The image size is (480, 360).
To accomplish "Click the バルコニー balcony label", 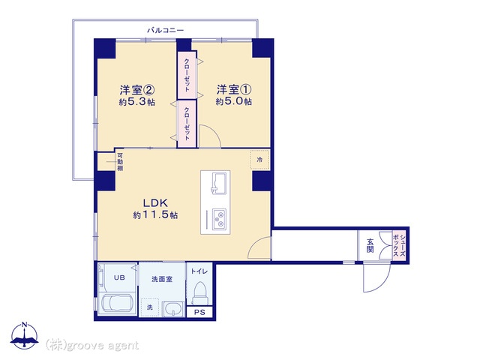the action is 165,30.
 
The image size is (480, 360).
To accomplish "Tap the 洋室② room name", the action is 136,90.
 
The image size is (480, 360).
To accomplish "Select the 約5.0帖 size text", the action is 234,101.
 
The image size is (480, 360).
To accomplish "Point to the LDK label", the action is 155,203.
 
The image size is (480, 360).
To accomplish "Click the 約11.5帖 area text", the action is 155,215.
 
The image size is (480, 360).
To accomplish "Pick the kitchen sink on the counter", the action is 218,182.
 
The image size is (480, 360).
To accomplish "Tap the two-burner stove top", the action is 219,220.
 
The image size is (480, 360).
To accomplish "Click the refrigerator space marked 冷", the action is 259,160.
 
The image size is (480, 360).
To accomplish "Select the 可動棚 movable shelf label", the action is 120,162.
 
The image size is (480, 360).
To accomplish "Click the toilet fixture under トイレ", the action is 200,293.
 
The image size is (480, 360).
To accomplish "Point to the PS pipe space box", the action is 199,313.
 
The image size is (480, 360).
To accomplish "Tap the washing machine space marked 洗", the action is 150,307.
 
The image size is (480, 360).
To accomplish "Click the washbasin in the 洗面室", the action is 173,309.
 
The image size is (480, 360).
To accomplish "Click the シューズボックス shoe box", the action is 399,246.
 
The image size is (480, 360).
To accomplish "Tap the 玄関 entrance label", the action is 370,245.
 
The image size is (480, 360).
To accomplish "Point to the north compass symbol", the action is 25,336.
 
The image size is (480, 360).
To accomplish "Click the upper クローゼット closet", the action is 187,75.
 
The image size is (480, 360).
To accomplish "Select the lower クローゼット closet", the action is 187,123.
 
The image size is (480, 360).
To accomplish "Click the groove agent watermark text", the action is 92,345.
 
